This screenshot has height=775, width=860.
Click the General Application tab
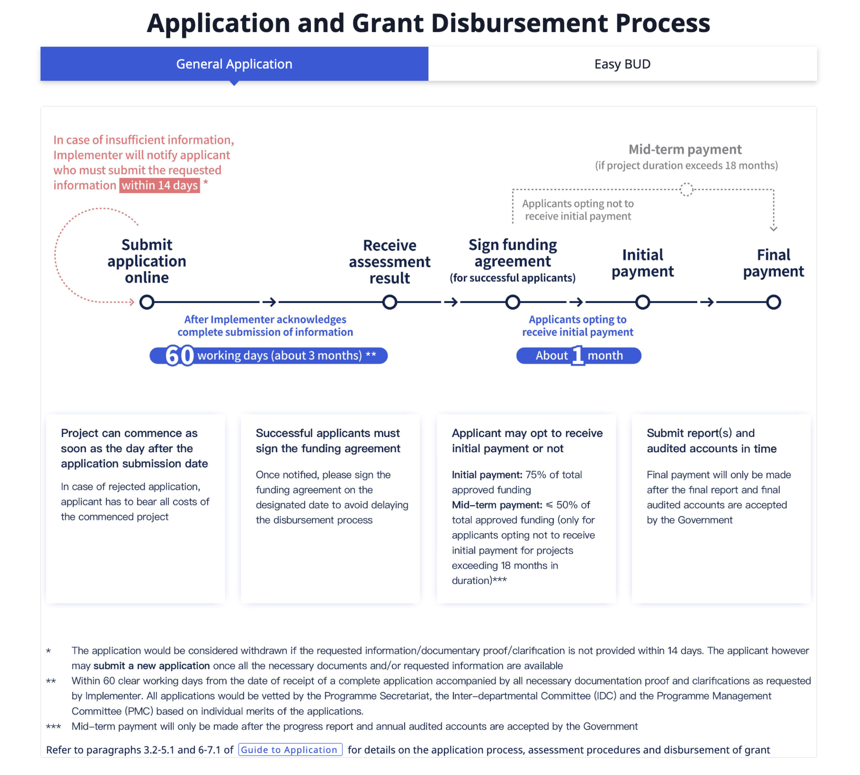(x=234, y=64)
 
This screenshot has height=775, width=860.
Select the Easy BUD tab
(x=622, y=64)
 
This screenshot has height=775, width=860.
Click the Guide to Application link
(x=290, y=750)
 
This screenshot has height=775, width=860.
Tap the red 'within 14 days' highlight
(x=160, y=185)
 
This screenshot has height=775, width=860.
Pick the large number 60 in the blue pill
(x=179, y=355)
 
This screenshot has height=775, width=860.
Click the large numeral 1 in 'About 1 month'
(x=577, y=355)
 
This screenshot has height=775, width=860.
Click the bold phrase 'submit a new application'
(x=152, y=666)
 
